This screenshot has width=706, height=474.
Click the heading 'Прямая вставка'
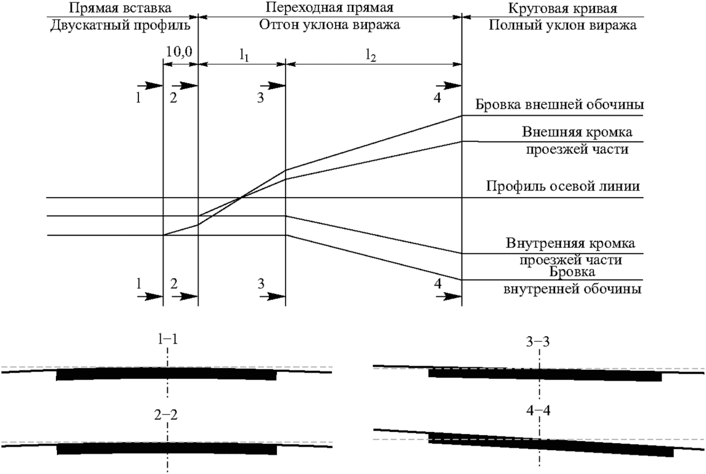click(120, 8)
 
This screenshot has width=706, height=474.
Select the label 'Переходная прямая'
click(329, 7)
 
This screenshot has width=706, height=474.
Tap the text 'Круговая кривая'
click(562, 9)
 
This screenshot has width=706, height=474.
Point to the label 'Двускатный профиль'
click(120, 25)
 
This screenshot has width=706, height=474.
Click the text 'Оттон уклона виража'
click(329, 24)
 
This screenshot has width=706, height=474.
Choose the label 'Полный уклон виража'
click(562, 25)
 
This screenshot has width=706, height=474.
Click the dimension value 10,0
click(179, 52)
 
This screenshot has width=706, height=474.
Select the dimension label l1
click(244, 55)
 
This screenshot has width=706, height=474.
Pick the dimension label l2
click(370, 55)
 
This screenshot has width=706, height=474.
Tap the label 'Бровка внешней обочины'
click(560, 104)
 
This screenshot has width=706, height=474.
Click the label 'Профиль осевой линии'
click(563, 186)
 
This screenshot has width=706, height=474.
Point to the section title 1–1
click(168, 340)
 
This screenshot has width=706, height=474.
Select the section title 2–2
click(166, 415)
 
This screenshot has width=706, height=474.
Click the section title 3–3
click(538, 342)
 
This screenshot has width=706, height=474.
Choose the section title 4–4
click(538, 411)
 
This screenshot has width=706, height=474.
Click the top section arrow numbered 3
click(272, 85)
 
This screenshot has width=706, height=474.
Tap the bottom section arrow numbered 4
click(449, 297)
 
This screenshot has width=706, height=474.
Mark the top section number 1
click(138, 99)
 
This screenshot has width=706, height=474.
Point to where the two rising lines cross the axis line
click(241, 198)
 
